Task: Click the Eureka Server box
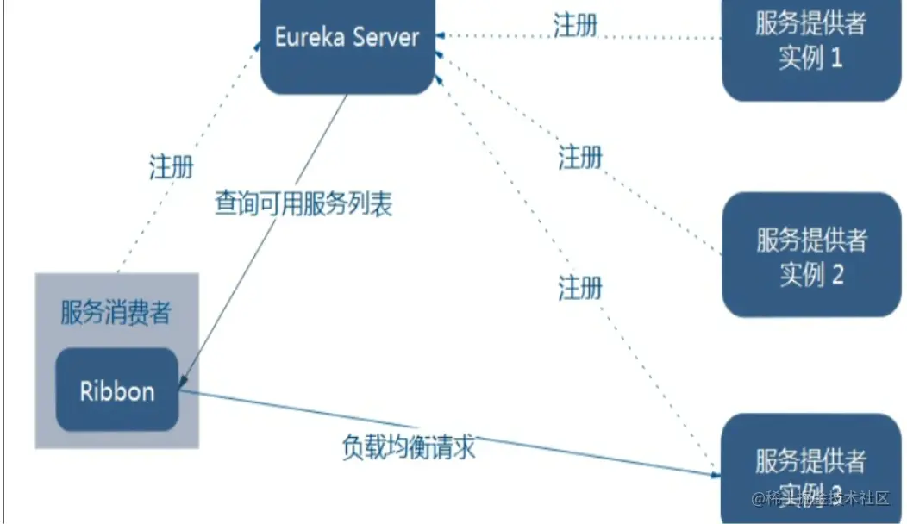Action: (347, 47)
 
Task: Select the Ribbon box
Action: (117, 390)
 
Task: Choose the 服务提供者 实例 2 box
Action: (810, 255)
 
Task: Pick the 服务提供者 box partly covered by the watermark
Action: (810, 461)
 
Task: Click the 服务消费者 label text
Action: (116, 313)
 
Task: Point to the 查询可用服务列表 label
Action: (303, 203)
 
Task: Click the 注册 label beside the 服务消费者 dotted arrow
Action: (172, 166)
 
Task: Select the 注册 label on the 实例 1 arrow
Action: (576, 25)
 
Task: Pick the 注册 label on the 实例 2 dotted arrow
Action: (580, 158)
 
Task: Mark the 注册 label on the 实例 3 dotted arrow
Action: (580, 287)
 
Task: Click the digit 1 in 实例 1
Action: (835, 59)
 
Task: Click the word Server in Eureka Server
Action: (385, 37)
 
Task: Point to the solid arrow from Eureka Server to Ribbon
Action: (267, 237)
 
